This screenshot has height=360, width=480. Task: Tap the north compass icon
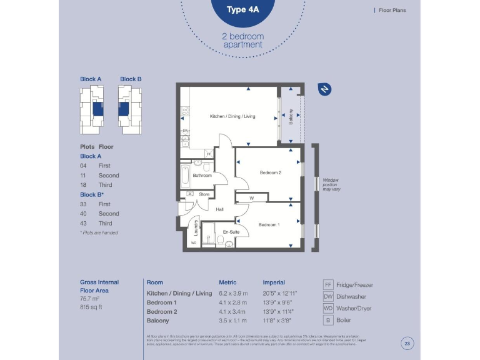tap(324, 89)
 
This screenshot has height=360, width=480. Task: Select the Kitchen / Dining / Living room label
tap(232, 116)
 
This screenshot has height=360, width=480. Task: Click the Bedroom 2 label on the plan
tap(271, 172)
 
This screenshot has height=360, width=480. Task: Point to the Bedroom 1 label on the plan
tap(269, 225)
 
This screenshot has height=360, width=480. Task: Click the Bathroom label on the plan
tap(202, 176)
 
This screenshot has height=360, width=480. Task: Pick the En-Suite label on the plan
tap(231, 232)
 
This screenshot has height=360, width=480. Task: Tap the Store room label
tap(204, 194)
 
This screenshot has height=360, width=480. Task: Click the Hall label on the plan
tap(219, 209)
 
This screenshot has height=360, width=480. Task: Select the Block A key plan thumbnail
tap(91, 107)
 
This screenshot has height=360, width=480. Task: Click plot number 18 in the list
tap(83, 185)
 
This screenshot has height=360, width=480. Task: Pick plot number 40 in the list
tap(83, 214)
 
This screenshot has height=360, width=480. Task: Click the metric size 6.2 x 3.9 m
tap(233, 293)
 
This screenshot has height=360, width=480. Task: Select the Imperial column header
tap(274, 282)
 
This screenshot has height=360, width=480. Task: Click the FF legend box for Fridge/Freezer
tap(328, 284)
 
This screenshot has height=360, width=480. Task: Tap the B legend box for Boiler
tap(328, 320)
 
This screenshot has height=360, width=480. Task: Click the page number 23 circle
tap(407, 342)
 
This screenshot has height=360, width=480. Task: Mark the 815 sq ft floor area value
tap(91, 307)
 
